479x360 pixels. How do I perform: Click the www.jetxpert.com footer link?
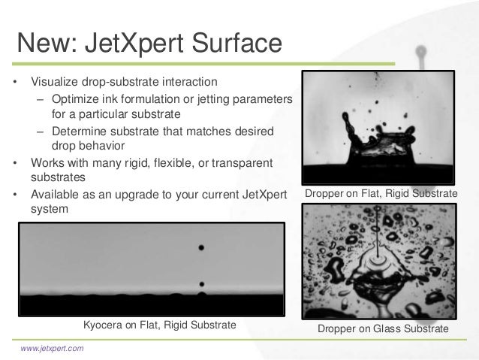pos(52,348)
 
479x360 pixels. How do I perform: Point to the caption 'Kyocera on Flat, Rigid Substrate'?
pos(159,325)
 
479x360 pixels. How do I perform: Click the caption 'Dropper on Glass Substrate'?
pos(384,330)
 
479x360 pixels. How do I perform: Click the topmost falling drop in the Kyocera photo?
pos(200,247)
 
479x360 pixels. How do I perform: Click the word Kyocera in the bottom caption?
pos(104,325)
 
